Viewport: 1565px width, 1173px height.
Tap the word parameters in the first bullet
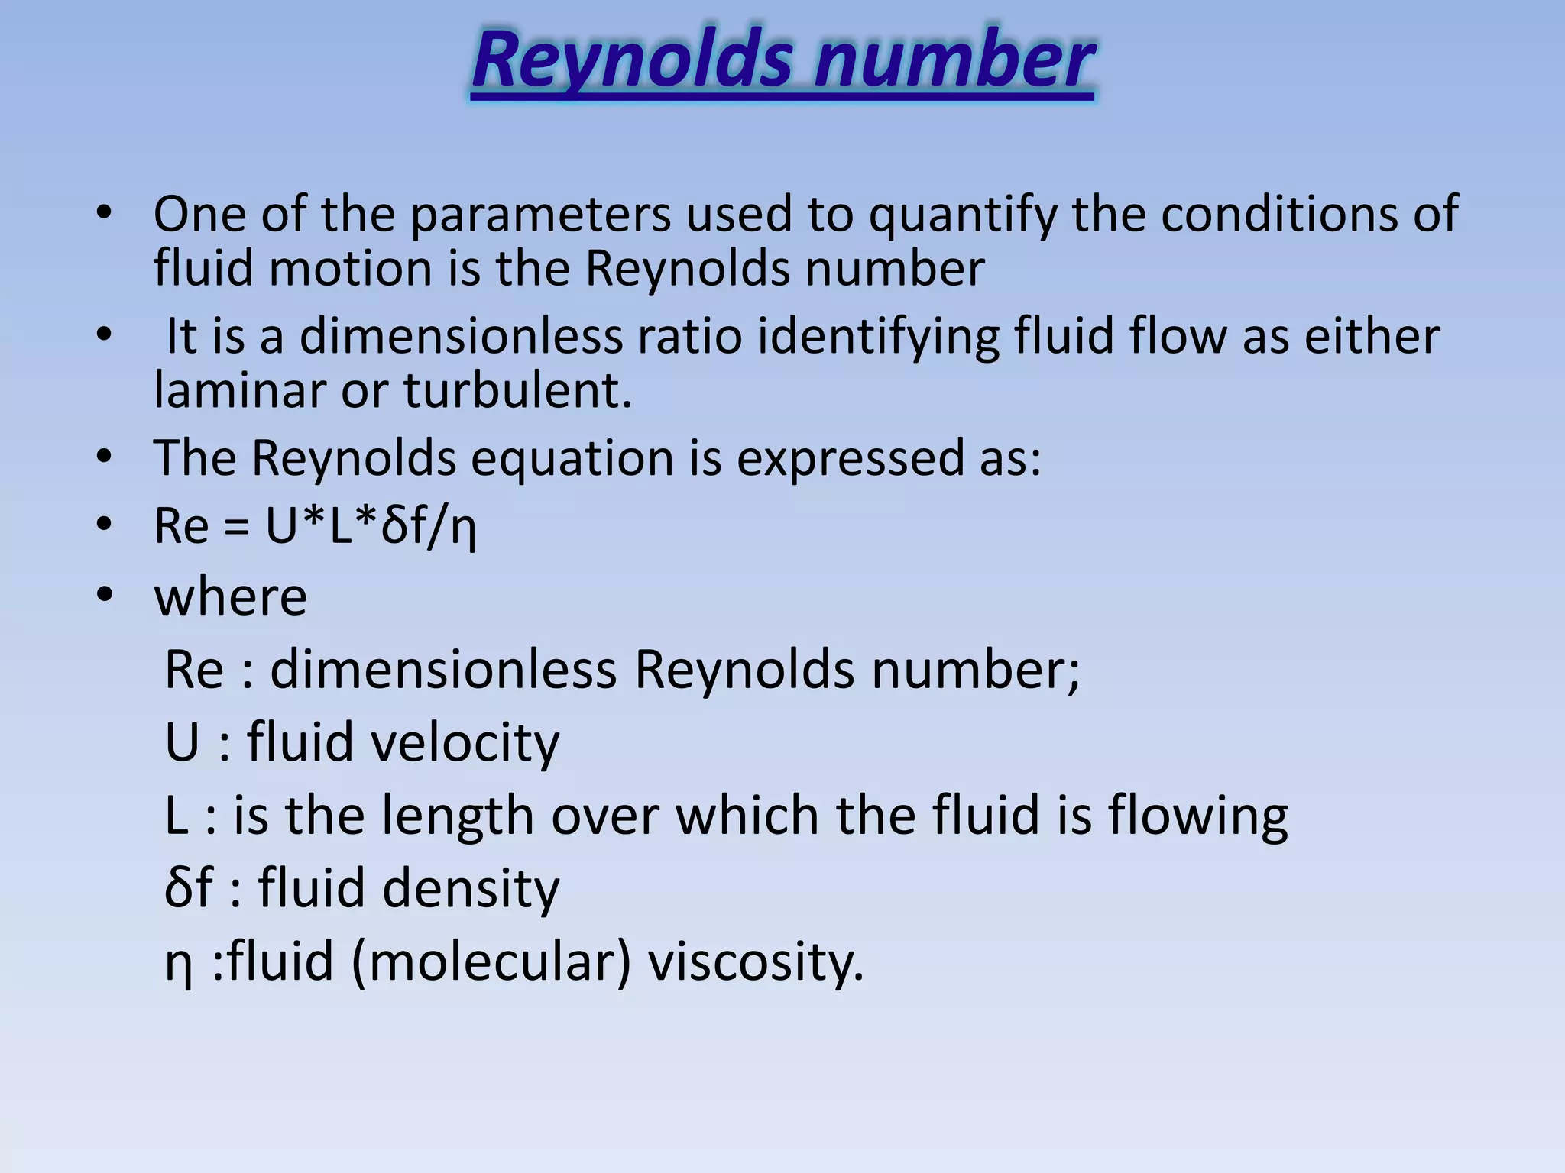coord(540,215)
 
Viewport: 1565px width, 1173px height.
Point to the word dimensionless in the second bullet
coord(461,337)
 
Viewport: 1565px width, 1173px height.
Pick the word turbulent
coord(517,390)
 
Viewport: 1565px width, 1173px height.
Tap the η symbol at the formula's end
coord(463,528)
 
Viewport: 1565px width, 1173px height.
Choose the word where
coord(231,596)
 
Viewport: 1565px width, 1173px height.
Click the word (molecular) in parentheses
coord(491,962)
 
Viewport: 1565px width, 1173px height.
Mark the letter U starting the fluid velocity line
coord(183,742)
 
